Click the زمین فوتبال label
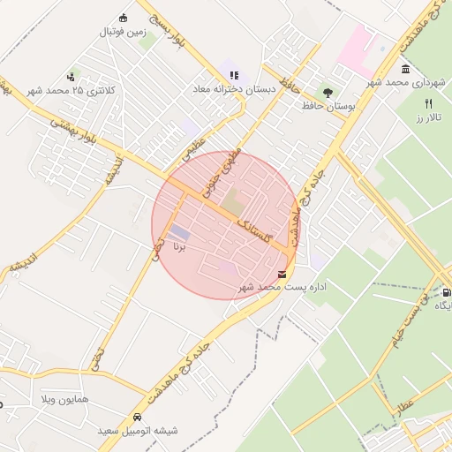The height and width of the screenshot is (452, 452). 122,34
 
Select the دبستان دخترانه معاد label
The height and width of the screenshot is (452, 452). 236,89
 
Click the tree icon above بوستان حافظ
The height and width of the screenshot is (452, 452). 328,91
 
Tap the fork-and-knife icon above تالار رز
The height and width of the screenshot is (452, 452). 429,102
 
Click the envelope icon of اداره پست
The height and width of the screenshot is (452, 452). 282,274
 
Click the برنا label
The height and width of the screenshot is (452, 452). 179,245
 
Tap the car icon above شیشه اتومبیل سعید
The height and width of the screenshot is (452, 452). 137,417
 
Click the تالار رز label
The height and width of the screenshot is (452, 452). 428,117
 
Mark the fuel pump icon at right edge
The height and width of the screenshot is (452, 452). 447,292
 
